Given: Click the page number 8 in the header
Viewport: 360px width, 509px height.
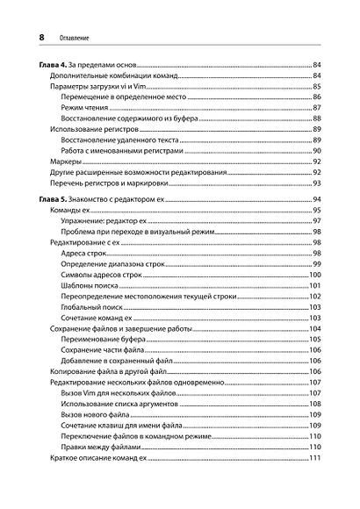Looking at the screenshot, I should click(32, 39).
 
